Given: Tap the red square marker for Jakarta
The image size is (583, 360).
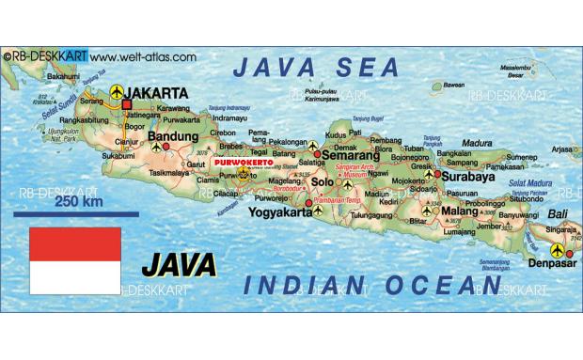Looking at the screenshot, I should point(126,103).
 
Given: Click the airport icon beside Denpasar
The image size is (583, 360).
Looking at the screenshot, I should point(558,251).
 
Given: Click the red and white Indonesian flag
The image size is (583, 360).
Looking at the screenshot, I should point(75,260).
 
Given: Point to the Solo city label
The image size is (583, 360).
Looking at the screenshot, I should point(323,180).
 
